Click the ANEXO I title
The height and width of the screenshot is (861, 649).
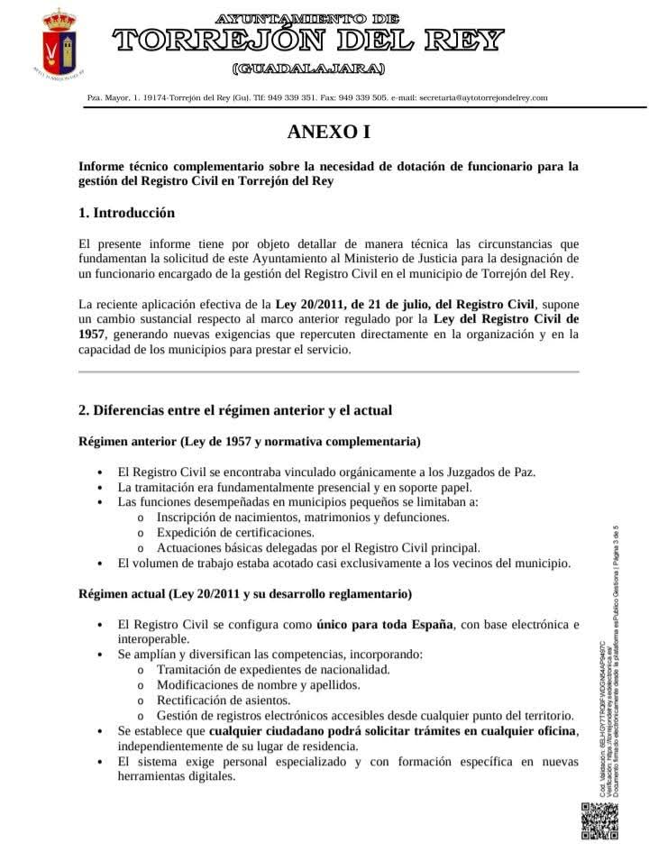[x=328, y=133]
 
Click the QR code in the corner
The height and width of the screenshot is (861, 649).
[x=599, y=821]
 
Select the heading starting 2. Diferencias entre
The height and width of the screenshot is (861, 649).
[x=235, y=410]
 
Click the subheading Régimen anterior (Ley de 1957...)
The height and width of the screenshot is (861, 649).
[x=249, y=442]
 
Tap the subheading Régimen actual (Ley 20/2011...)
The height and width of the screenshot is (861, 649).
[x=245, y=594]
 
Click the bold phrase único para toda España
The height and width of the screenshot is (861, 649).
[x=385, y=624]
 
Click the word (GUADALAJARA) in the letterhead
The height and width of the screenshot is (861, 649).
[x=308, y=69]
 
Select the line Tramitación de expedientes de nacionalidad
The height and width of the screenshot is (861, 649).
[x=272, y=669]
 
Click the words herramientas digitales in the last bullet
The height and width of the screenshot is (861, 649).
[x=176, y=777]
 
